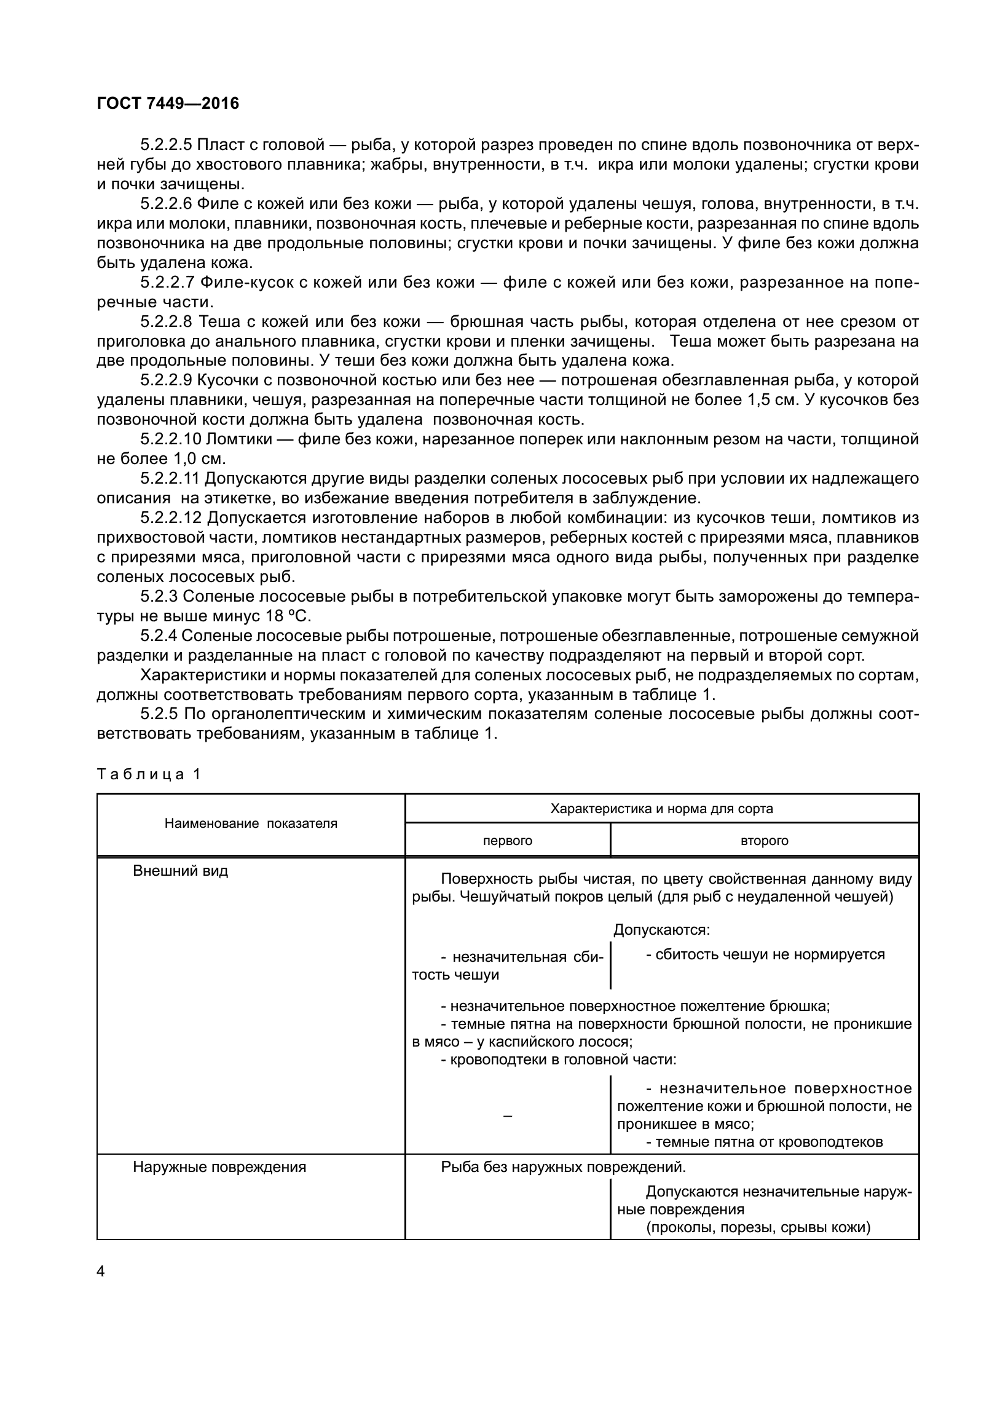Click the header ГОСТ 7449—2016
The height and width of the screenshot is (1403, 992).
pyautogui.click(x=168, y=104)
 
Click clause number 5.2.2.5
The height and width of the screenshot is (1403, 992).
pyautogui.click(x=166, y=145)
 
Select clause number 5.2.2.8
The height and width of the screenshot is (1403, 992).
pyautogui.click(x=166, y=321)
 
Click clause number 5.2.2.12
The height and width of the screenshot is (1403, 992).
pyautogui.click(x=171, y=518)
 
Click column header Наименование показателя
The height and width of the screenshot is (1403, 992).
pyautogui.click(x=251, y=823)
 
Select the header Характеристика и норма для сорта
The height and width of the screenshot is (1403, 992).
pyautogui.click(x=661, y=809)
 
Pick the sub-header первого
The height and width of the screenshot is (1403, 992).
pyautogui.click(x=508, y=841)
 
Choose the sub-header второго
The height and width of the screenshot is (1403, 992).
pyautogui.click(x=765, y=841)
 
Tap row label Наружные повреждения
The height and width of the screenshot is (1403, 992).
pyautogui.click(x=219, y=1167)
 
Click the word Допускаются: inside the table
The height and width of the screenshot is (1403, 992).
pyautogui.click(x=661, y=930)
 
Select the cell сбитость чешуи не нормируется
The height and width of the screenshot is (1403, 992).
pyautogui.click(x=765, y=954)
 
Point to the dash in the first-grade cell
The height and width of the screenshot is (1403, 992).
pyautogui.click(x=508, y=1115)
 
